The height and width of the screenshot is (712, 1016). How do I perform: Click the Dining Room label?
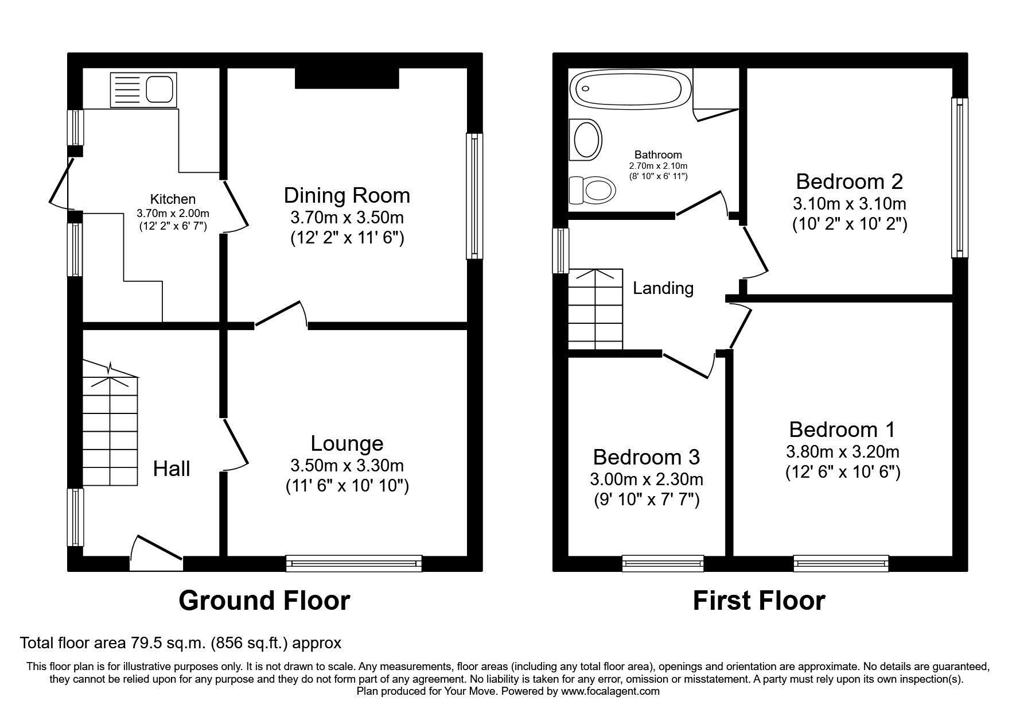[347, 195]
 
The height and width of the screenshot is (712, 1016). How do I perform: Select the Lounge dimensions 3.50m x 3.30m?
[347, 465]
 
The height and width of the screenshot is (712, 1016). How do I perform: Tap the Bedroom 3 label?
[647, 457]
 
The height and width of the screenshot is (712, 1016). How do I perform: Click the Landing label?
[663, 288]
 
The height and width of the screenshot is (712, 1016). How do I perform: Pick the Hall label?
[172, 469]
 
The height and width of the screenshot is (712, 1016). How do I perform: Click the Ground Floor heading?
[264, 601]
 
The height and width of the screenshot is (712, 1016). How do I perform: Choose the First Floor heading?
[759, 601]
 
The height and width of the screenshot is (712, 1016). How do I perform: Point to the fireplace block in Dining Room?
[347, 78]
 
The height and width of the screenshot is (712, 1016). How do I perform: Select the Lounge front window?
[354, 563]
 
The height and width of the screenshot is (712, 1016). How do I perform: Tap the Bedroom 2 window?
[959, 178]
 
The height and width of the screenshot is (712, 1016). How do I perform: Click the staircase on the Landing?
[595, 309]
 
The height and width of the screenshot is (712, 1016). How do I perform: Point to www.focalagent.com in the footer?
[610, 691]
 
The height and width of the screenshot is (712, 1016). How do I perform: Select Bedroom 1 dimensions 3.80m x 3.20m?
[842, 452]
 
